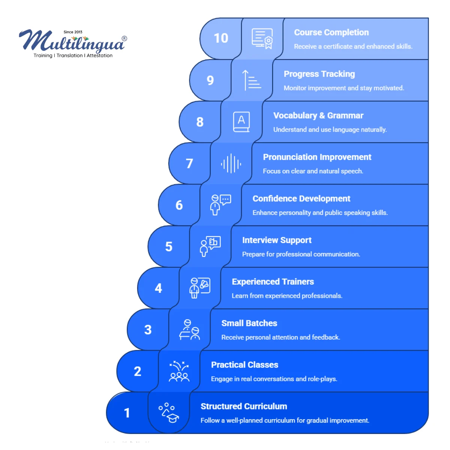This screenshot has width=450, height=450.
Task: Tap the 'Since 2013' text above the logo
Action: pos(73,32)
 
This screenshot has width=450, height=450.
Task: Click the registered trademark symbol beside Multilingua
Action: pos(124,39)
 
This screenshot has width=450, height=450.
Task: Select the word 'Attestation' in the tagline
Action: pos(99,55)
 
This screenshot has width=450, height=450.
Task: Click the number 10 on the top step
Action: pos(220,38)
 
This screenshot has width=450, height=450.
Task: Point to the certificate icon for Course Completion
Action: pos(262,39)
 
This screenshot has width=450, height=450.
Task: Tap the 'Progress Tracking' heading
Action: pos(319,74)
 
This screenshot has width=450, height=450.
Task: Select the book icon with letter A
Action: pos(241,121)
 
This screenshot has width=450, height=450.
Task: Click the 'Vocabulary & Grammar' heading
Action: pos(318,115)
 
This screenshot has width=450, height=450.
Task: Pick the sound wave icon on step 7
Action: pos(231,163)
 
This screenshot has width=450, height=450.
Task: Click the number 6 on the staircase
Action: pos(179,205)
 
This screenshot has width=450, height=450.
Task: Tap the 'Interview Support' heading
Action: pos(277,240)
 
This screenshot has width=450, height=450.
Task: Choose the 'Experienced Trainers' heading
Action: pos(273,282)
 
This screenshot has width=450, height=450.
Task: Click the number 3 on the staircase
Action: pos(148,330)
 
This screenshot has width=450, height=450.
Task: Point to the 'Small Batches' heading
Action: pos(249,323)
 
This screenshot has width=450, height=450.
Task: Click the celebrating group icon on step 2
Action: pos(179,371)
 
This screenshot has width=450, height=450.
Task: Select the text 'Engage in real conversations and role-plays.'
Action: pos(274,379)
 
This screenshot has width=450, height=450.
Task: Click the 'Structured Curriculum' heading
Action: pos(244,406)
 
